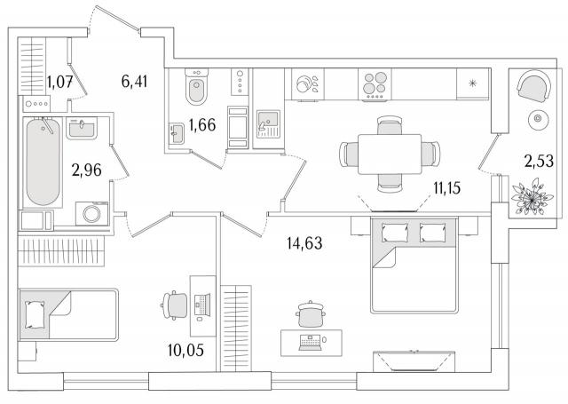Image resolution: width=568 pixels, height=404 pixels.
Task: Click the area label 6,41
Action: (134, 82)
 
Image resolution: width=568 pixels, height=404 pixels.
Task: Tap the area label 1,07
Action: (60, 82)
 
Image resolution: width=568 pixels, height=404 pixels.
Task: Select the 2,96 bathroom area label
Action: (87, 170)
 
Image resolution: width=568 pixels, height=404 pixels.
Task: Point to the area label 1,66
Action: (202, 124)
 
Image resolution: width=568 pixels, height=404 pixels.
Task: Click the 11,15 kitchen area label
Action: (447, 188)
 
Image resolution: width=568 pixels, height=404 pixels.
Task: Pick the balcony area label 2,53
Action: (540, 161)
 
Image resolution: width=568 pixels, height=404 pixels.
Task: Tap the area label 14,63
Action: (304, 242)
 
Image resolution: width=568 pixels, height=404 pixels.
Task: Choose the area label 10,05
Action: (185, 350)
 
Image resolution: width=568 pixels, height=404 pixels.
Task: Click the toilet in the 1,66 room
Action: (197, 86)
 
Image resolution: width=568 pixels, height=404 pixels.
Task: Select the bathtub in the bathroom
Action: (43, 162)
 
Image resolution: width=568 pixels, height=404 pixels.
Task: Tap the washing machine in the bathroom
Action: (92, 214)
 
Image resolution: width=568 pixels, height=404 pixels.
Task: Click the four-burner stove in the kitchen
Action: (375, 84)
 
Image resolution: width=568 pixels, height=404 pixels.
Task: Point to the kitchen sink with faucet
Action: (268, 124)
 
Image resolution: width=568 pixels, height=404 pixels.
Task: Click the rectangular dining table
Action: (390, 154)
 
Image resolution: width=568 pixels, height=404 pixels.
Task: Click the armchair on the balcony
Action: (534, 86)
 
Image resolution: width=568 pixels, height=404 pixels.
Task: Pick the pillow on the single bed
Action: (35, 314)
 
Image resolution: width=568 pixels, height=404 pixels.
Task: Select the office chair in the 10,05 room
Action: (175, 305)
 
